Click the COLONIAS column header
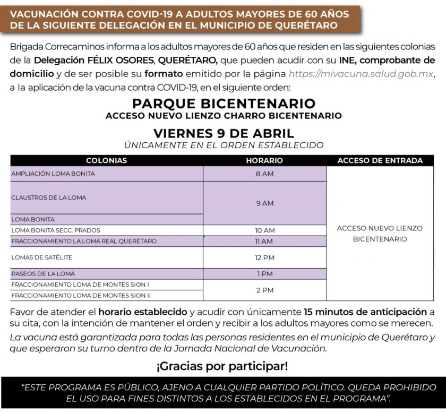(106, 160)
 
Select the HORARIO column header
(264, 160)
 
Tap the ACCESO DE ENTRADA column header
(380, 160)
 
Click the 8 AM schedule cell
(264, 174)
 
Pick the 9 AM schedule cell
(264, 203)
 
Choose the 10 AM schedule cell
(264, 230)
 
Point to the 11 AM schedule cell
(264, 242)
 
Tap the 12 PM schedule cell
(264, 257)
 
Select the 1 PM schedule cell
(264, 274)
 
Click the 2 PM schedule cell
(264, 290)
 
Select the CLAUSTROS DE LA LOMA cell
(49, 197)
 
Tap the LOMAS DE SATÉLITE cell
(42, 257)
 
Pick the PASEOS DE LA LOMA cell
(43, 274)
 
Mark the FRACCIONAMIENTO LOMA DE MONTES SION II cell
(81, 296)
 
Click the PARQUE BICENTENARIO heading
(224, 103)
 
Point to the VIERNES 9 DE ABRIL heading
(224, 133)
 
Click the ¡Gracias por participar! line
(222, 366)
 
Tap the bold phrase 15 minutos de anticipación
(365, 312)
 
